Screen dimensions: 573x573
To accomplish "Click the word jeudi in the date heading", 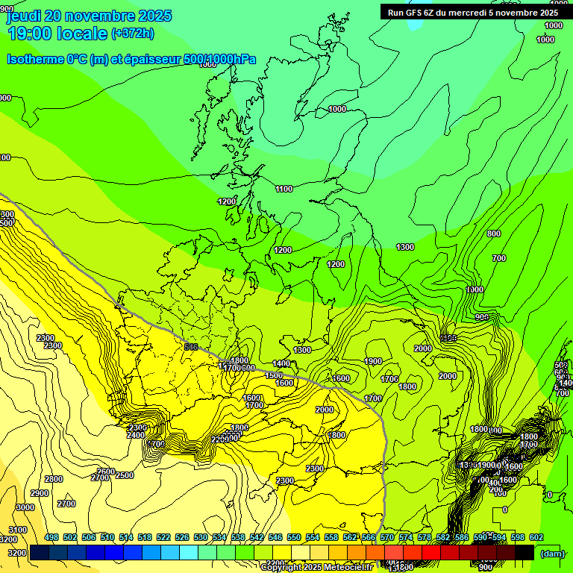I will point(24,16).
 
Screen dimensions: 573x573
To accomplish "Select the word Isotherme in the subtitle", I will point(34,60).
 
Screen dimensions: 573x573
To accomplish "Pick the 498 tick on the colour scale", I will point(51,538).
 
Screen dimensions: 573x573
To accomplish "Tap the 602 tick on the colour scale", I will point(536,538).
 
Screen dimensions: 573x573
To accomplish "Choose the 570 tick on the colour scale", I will point(387,538).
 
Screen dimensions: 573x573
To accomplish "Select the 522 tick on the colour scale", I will point(163,538).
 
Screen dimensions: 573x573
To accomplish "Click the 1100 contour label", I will point(284,189).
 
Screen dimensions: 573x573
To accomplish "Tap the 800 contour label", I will point(493,234).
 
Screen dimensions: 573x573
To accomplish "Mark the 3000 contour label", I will point(25,507).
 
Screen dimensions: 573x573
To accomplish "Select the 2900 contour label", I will point(40,494).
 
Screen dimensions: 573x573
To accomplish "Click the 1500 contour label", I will point(275,375).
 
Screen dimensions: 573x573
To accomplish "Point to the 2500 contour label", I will point(125,475).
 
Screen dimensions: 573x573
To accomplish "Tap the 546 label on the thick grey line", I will point(191,347).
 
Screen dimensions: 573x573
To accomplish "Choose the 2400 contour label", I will point(136,435).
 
